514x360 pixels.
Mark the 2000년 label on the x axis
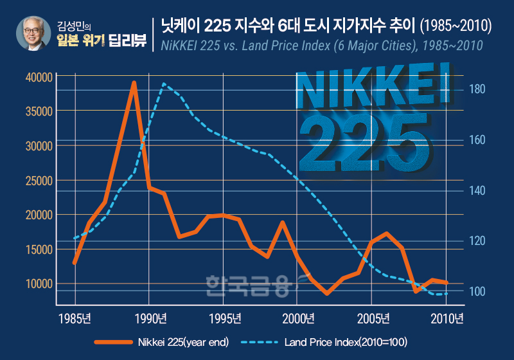coord(297,318)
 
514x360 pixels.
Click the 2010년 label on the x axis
coord(447,318)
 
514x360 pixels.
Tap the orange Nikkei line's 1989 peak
coord(134,83)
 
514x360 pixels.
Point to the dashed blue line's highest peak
coord(164,84)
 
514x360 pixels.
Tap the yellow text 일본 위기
coord(80,42)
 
